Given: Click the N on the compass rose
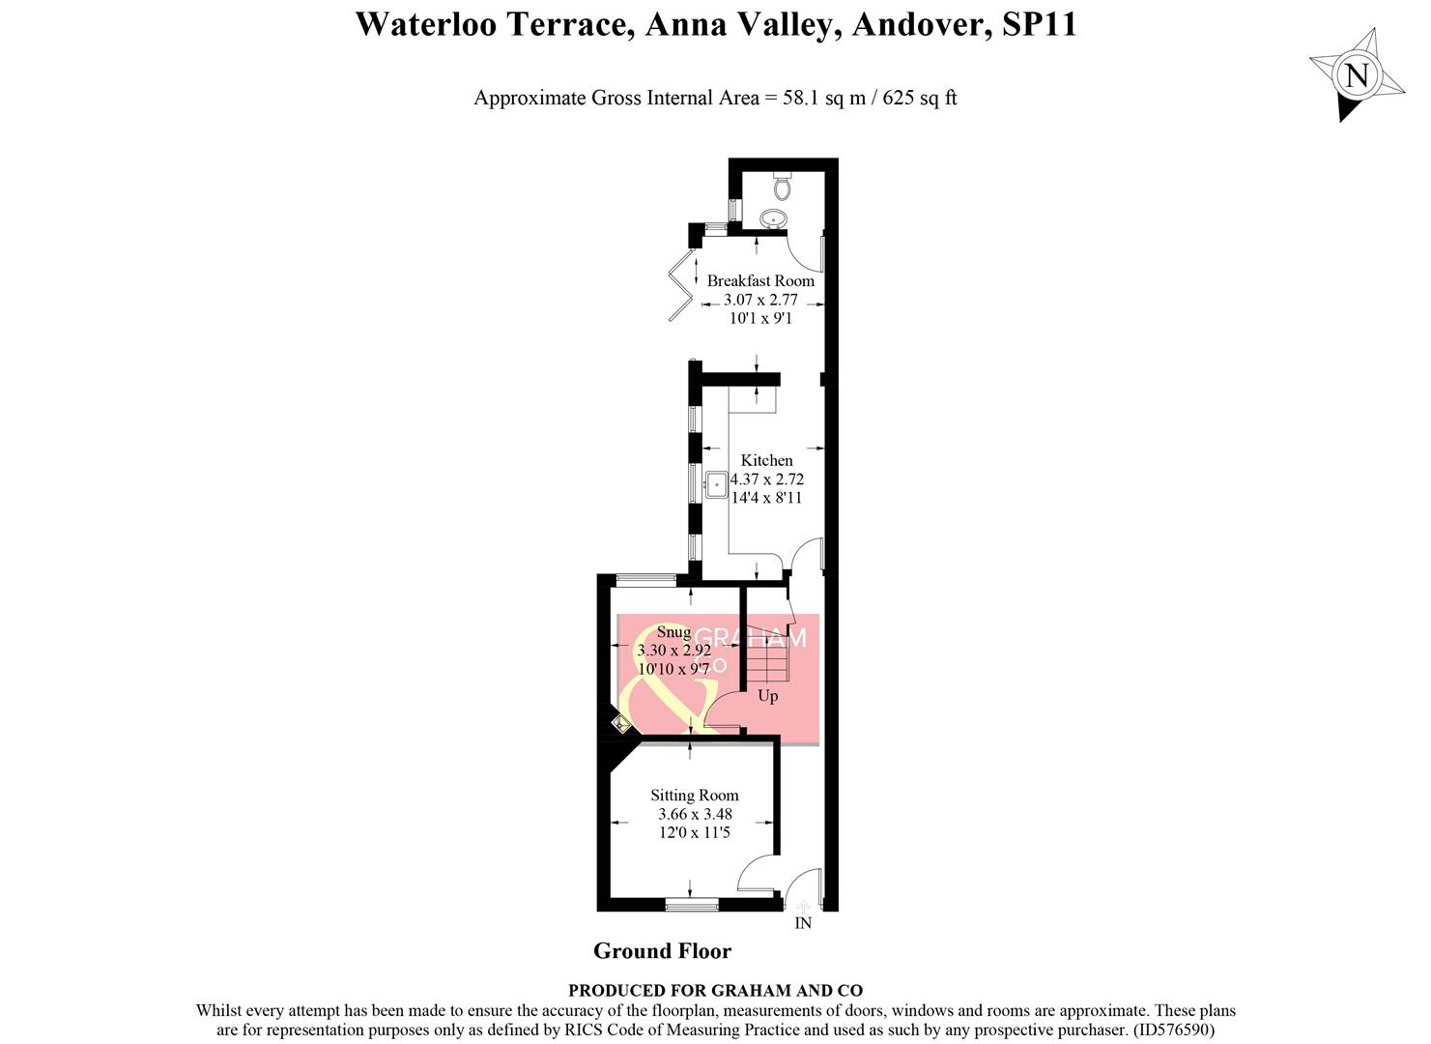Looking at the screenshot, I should pos(1357,74).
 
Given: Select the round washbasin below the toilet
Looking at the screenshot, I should pos(773,219).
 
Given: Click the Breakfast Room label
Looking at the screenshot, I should pos(760,280).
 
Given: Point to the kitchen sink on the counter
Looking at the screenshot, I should pos(717,484).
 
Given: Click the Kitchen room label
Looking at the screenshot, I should pos(766,460).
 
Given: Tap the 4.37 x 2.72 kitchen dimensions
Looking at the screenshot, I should pos(766,479).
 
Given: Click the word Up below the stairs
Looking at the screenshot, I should pos(767,696).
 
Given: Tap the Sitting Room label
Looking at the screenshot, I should pos(694,796).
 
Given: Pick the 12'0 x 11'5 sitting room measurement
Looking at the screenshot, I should pos(694,832).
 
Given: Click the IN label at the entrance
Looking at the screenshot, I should pos(803,923).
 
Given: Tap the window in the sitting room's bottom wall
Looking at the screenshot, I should pos(692,905).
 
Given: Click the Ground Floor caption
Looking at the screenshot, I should pos(662,951).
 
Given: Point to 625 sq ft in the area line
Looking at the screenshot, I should pos(918,98).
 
